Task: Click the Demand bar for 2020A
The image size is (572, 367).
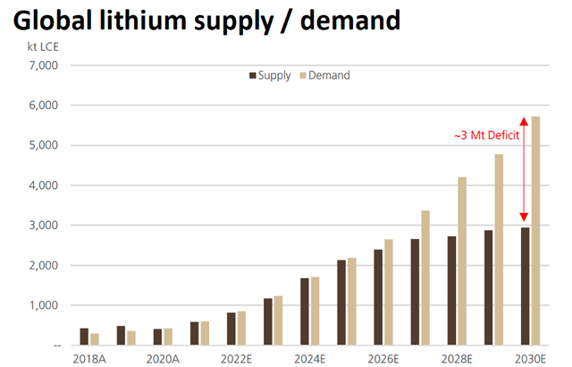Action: click(169, 337)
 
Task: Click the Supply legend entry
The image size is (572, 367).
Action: click(269, 75)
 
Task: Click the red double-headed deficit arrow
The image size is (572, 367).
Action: click(524, 170)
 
